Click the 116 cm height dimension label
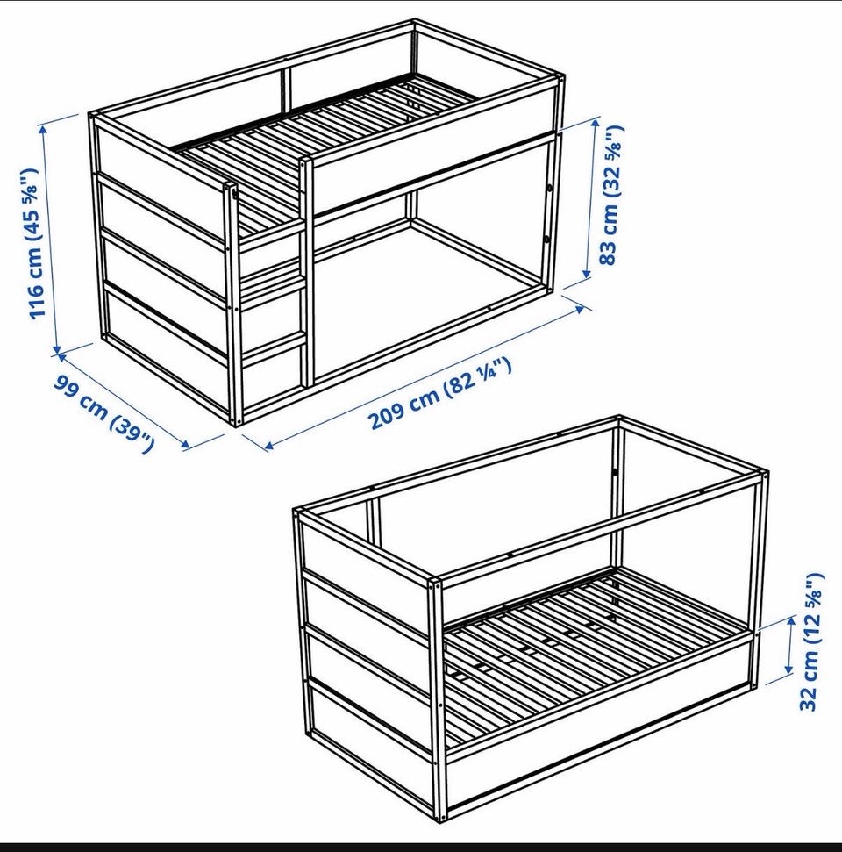coord(33,244)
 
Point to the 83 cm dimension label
coord(611,195)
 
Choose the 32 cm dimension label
coord(811,641)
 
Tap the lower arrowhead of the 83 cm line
coord(588,274)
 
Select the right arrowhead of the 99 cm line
coord(185,445)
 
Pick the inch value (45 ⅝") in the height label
coord(31,204)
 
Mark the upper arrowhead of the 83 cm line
coord(596,124)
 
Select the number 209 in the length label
coord(387,419)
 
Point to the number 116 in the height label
coord(35,301)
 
